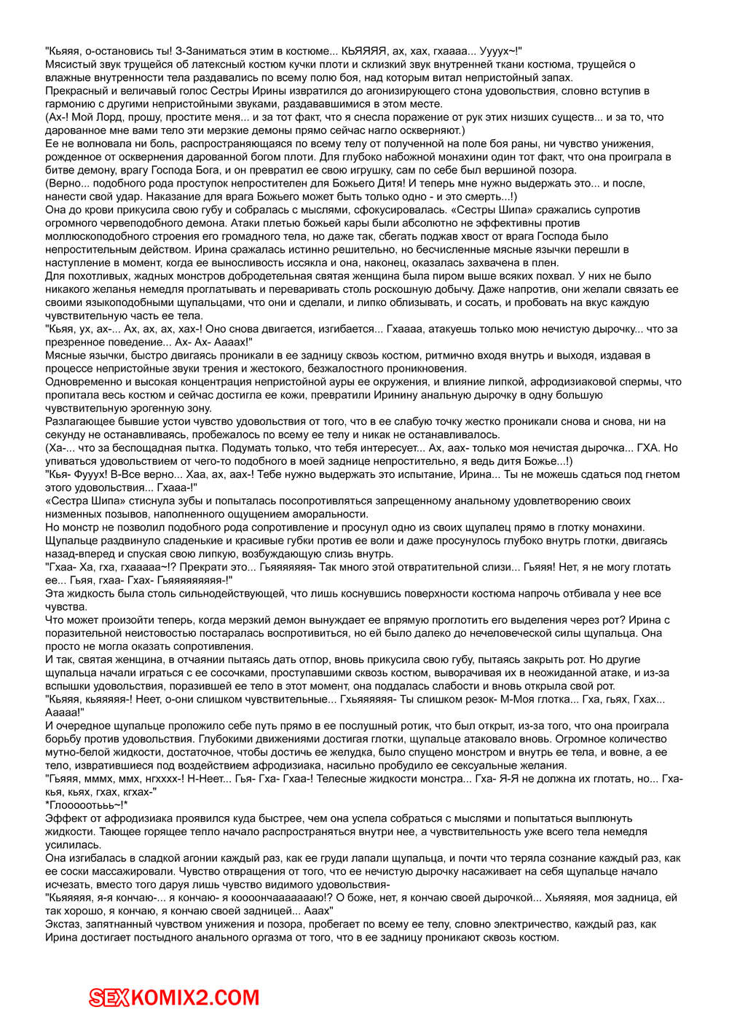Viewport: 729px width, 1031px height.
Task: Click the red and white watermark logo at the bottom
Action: coord(174,997)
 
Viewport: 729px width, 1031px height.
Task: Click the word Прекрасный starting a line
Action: coord(75,91)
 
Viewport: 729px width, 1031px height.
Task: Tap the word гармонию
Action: coord(68,104)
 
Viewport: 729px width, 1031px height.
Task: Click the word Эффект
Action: coord(66,818)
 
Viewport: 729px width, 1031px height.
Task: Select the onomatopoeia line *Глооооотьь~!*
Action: coord(87,805)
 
